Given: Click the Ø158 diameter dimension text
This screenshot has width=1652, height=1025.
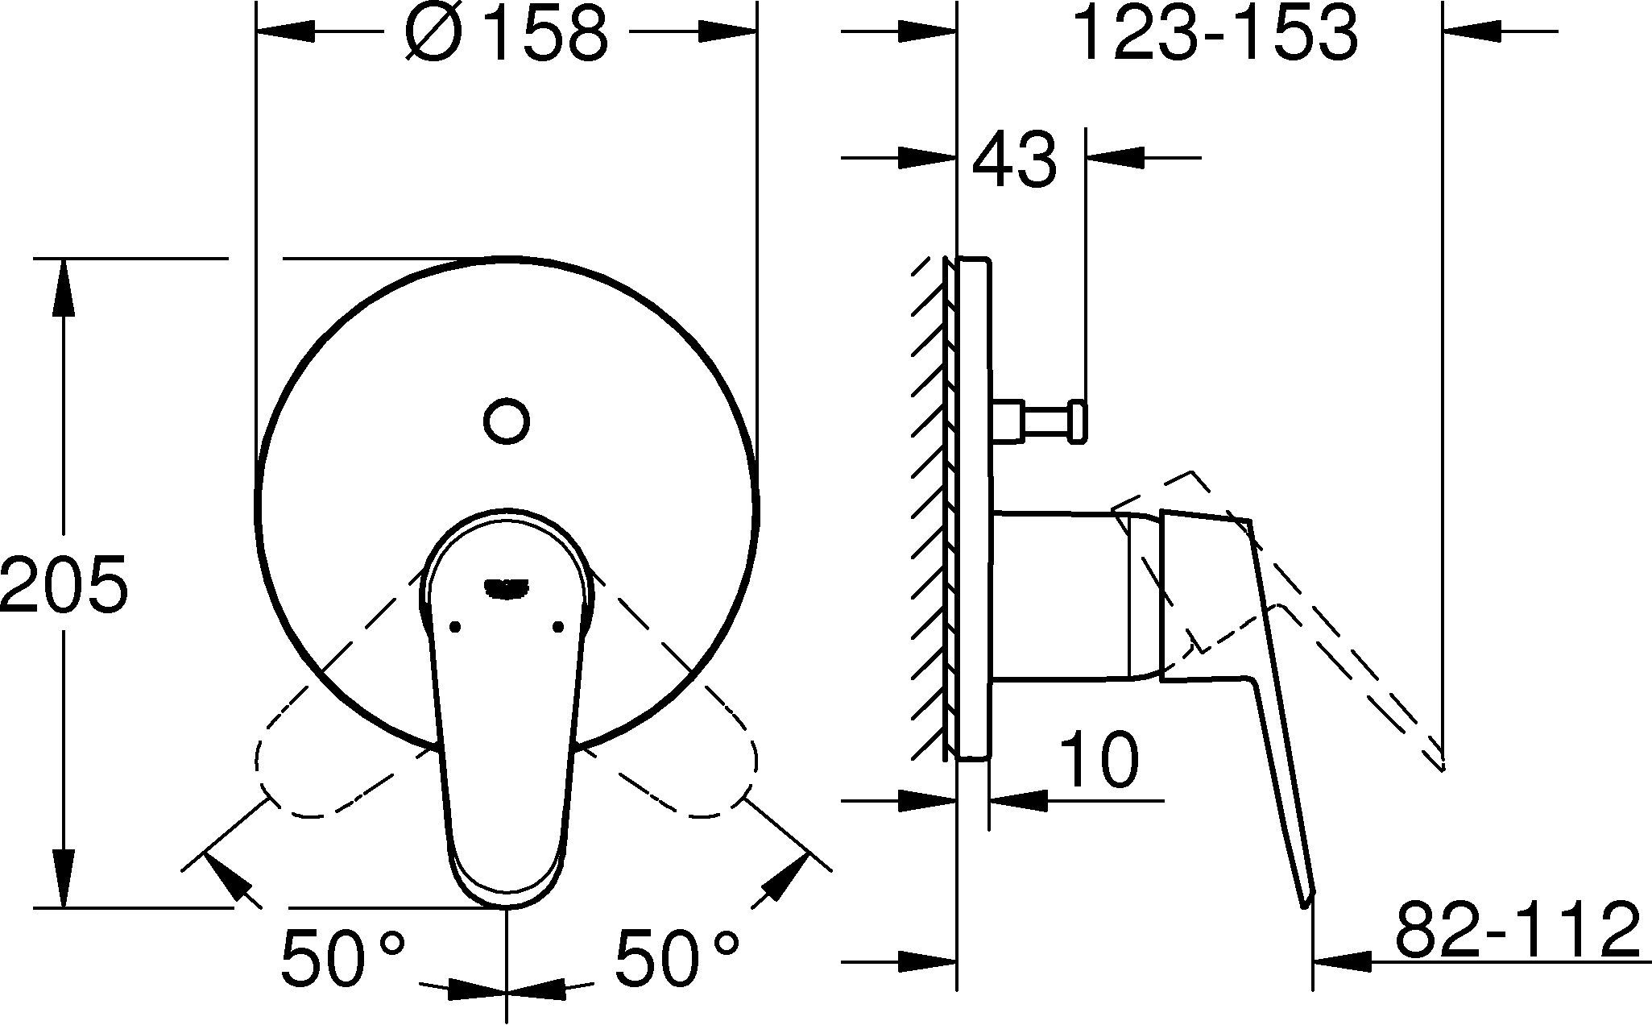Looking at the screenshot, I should (506, 34).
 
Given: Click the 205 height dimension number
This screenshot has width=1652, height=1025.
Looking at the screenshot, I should (64, 582).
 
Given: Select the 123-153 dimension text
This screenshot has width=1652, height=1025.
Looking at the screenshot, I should (1217, 34).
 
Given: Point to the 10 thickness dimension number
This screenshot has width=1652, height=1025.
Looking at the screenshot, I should (1099, 759).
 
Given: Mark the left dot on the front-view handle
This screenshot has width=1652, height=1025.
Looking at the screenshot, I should (455, 626).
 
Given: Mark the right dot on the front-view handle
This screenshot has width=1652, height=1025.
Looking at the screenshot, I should (558, 626).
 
